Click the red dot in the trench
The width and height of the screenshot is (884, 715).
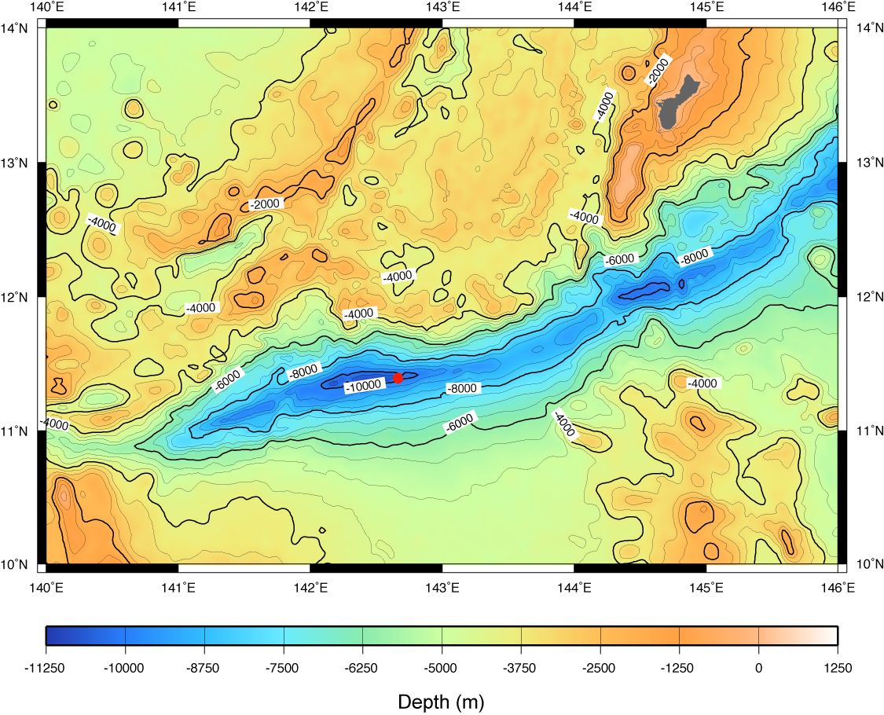(x=398, y=378)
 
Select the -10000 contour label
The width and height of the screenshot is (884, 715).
(x=364, y=385)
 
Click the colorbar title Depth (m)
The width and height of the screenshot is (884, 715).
(x=441, y=701)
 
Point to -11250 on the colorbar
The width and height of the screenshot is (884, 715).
(x=46, y=669)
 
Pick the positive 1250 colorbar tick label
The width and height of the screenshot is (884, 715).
(x=837, y=669)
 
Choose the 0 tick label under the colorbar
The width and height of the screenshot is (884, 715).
(x=758, y=669)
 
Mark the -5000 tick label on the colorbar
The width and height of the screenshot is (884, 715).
(x=441, y=669)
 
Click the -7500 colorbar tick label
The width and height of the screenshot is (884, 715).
(x=283, y=669)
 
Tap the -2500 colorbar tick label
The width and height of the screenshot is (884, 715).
(x=600, y=669)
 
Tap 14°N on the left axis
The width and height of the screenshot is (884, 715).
(x=17, y=28)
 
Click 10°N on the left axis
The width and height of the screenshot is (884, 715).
(x=17, y=565)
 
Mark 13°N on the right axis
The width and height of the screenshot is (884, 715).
(x=867, y=163)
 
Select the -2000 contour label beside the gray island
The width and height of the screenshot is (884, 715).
(x=658, y=70)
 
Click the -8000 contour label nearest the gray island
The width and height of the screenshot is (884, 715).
(x=695, y=256)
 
